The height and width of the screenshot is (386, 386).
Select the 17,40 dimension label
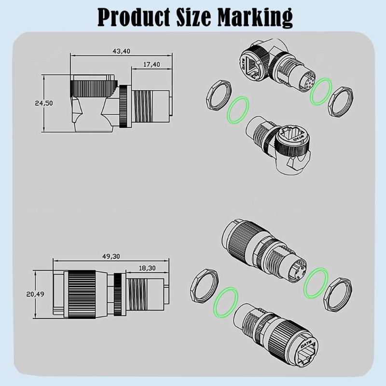point(152,64)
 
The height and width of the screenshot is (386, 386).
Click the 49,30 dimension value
point(112,257)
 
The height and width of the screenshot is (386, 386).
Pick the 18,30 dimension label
point(148,268)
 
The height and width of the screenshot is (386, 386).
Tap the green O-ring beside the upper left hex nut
point(237,110)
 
